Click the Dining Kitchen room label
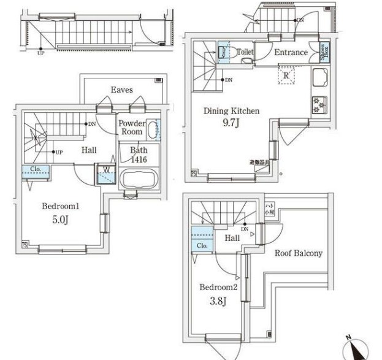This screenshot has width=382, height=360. [231, 111]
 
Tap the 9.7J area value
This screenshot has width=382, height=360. [231, 123]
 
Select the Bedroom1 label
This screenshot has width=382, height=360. [59, 206]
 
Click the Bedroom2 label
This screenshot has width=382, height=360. [218, 286]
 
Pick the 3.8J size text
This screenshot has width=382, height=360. [219, 301]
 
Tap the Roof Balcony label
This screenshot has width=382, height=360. [298, 253]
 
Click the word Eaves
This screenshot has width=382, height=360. [121, 90]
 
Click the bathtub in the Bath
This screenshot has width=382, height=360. [140, 180]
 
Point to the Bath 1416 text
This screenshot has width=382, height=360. [139, 153]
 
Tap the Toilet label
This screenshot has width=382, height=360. [245, 53]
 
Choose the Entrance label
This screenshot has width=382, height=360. [291, 53]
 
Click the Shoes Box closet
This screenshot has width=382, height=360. [323, 52]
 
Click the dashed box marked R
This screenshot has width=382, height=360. [287, 75]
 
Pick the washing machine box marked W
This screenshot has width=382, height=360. [106, 174]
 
